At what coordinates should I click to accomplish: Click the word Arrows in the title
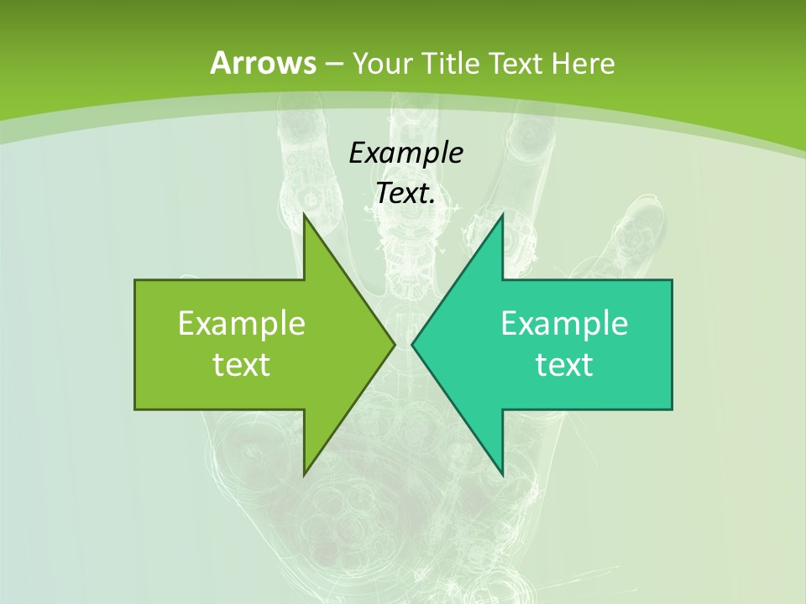264,63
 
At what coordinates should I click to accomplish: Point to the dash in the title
334,64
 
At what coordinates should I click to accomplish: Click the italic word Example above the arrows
406,153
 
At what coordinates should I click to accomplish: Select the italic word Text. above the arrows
406,194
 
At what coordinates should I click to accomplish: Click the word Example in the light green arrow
242,323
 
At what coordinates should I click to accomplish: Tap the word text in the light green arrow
242,364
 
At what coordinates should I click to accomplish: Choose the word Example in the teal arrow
564,323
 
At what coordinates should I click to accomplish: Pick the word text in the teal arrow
564,364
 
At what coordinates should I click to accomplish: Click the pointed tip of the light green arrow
394,344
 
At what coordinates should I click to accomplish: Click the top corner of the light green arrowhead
305,216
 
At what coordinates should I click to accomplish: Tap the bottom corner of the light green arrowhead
305,474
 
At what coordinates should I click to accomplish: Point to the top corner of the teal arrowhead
502,216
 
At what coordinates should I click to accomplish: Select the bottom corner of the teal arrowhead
502,474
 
